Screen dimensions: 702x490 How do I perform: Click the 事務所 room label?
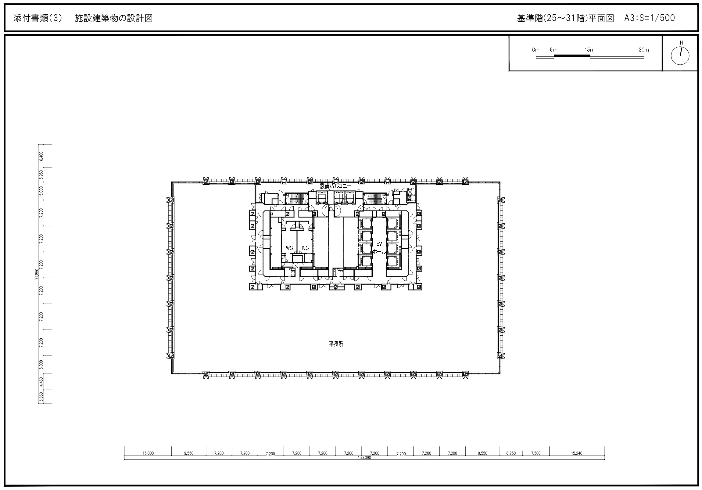pos(336,344)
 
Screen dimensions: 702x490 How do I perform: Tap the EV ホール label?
pos(379,248)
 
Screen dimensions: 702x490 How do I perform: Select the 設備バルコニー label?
pos(336,186)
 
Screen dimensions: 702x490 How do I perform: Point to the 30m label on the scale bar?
pos(644,50)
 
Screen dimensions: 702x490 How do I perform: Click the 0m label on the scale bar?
pos(536,50)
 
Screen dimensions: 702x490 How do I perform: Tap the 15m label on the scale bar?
pos(589,50)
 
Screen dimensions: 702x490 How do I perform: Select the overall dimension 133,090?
pos(364,458)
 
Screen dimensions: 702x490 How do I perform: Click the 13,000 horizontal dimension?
pos(148,453)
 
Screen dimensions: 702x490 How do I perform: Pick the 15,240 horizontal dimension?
pos(577,453)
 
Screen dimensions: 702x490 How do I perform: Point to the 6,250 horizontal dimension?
pos(511,453)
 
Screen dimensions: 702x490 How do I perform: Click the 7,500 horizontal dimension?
pos(536,453)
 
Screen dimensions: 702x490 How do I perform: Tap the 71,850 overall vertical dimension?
pos(37,274)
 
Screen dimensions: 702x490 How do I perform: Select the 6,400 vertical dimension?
pos(41,156)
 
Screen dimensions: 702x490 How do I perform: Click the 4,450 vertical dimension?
pos(41,382)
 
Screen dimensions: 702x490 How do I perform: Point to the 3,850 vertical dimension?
pos(41,397)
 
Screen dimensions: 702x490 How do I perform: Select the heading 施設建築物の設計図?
pos(114,18)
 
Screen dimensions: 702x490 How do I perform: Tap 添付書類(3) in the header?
pos(38,18)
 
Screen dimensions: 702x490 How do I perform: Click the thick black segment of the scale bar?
pos(572,56)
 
